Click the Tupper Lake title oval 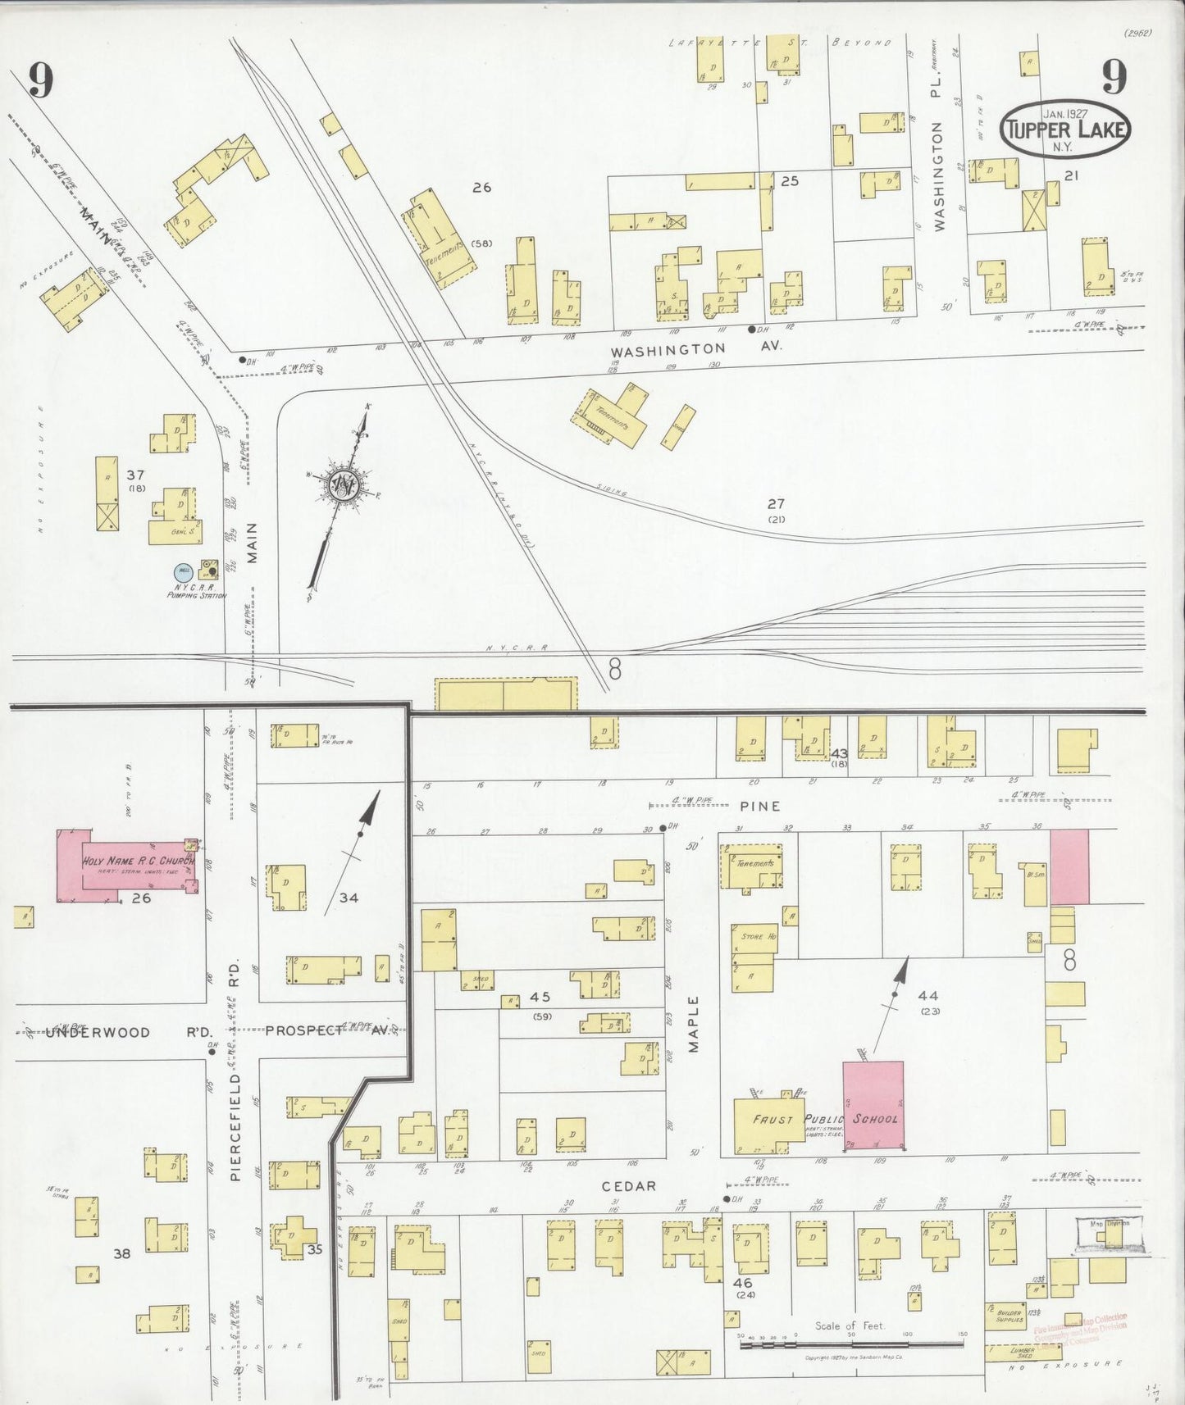point(1064,130)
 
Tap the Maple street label point(693,1024)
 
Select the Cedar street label point(629,1185)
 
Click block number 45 point(540,997)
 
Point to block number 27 point(776,504)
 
